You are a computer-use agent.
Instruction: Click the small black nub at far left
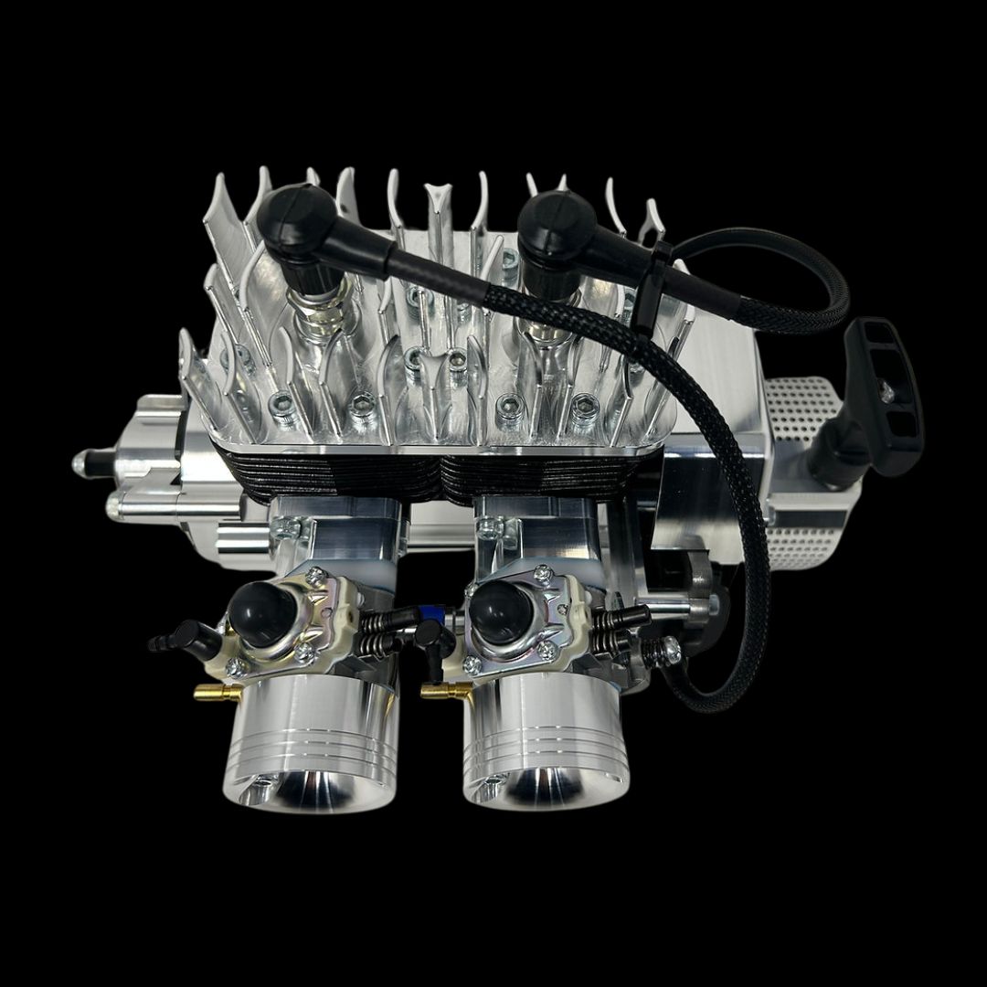click(x=84, y=461)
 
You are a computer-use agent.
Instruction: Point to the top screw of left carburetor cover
click(x=315, y=574)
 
